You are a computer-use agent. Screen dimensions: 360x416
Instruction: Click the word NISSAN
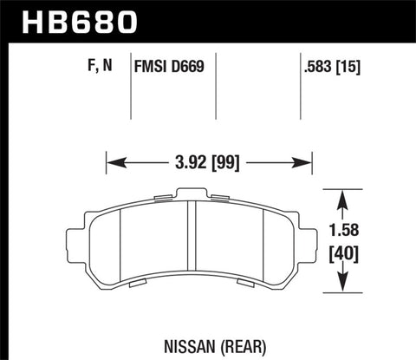[178, 330]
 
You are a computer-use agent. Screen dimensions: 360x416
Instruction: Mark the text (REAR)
[229, 330]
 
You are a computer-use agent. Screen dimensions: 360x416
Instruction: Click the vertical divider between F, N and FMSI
[131, 87]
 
